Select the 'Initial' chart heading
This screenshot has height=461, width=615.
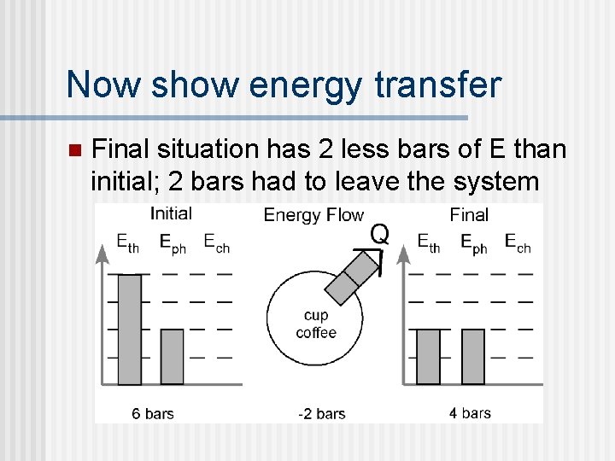[171, 213]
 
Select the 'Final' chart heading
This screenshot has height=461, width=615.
[469, 214]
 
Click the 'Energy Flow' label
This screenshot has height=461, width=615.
[313, 215]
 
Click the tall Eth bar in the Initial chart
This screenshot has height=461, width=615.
[129, 330]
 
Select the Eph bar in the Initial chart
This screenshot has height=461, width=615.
[172, 357]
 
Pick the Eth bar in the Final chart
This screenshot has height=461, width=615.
[428, 357]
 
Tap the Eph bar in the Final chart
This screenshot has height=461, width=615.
[472, 357]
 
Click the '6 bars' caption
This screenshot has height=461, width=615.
[153, 414]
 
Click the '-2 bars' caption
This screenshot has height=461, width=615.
[321, 414]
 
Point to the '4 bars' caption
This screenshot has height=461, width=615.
[471, 413]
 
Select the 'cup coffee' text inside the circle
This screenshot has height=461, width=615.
[316, 324]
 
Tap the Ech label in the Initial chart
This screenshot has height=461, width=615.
[216, 243]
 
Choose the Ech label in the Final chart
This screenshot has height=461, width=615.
[517, 243]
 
